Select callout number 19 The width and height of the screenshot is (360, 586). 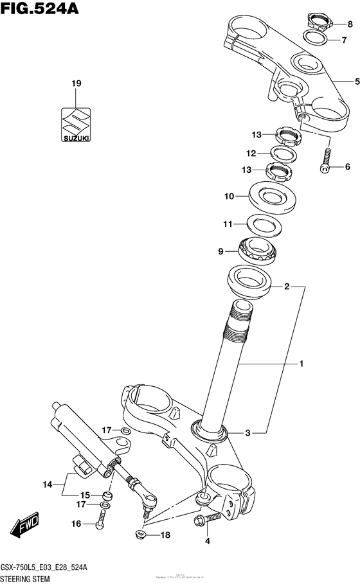[x=76, y=84]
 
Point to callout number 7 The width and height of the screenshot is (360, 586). [x=350, y=39]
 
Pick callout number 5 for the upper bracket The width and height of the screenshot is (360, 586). [x=350, y=82]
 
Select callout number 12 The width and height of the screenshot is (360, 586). [x=250, y=154]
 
